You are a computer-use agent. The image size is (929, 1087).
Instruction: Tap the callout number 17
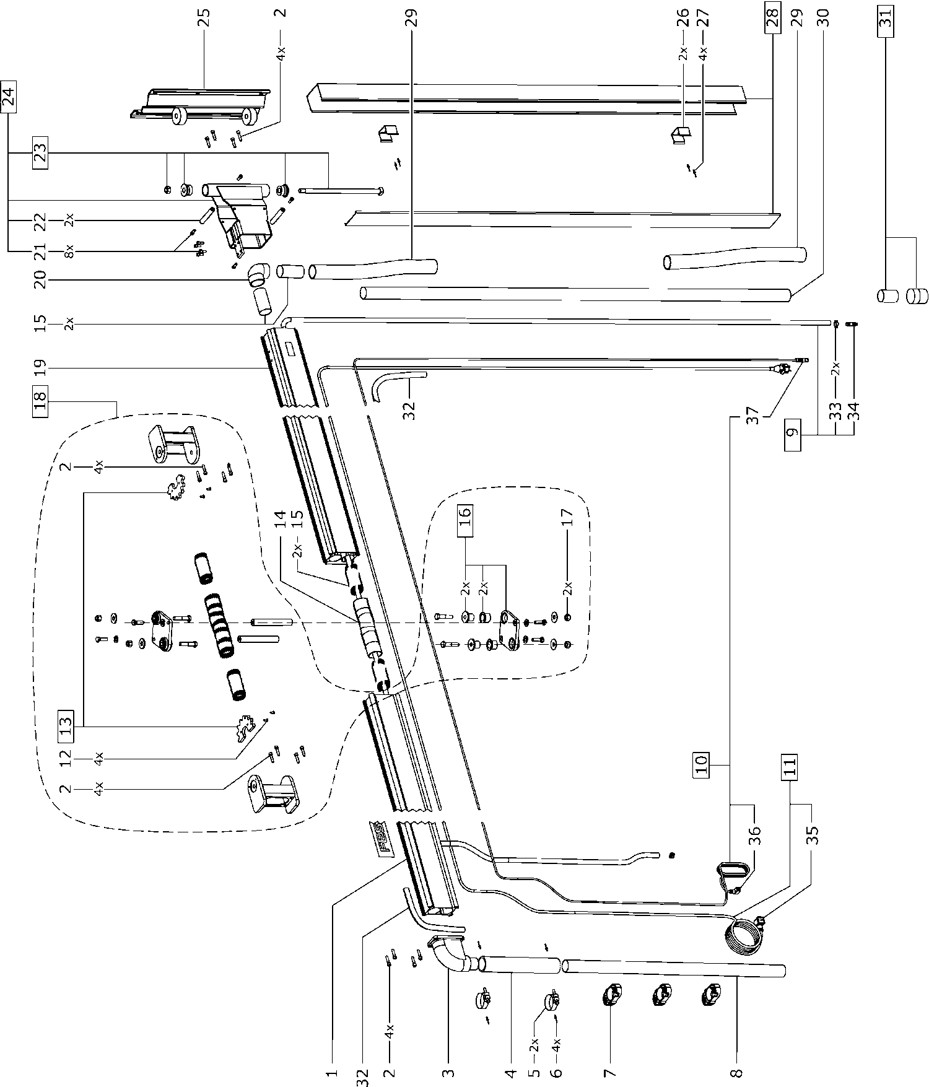[x=568, y=517]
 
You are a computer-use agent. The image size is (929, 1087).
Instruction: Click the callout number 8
[x=736, y=1071]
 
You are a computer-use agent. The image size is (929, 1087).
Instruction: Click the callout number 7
[x=609, y=1071]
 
